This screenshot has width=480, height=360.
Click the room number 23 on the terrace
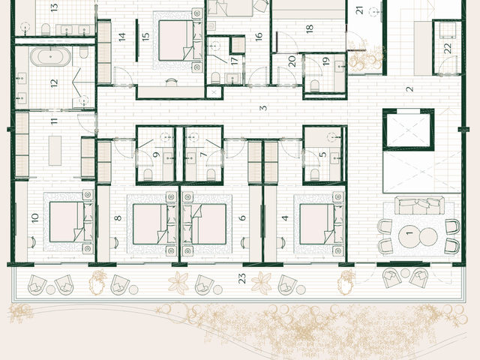241,278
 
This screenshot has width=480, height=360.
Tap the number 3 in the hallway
263,108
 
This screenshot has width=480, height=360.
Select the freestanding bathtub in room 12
50,57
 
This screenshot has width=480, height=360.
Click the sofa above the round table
419,205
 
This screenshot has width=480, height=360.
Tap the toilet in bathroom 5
315,174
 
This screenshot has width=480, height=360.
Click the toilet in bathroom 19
315,85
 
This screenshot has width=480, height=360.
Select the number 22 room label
447,48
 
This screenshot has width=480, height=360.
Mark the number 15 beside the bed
145,37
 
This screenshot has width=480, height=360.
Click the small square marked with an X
214,92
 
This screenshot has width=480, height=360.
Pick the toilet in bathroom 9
148,174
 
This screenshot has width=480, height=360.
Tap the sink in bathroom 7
190,158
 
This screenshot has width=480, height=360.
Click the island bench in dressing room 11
55,151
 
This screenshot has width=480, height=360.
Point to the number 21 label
360,10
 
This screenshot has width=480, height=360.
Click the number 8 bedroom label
118,218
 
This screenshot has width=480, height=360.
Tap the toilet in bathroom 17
215,78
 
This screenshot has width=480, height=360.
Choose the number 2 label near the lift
409,89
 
